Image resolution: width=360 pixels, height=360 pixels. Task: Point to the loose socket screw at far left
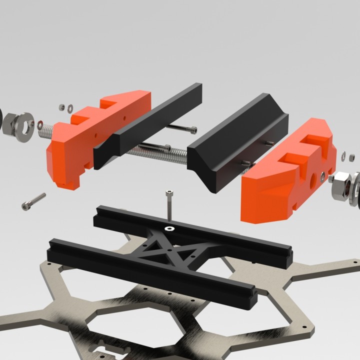[x=33, y=201]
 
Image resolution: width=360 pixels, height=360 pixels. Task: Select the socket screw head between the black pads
[x=189, y=129]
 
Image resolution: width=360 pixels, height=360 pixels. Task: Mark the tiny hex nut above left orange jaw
[x=61, y=106]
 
